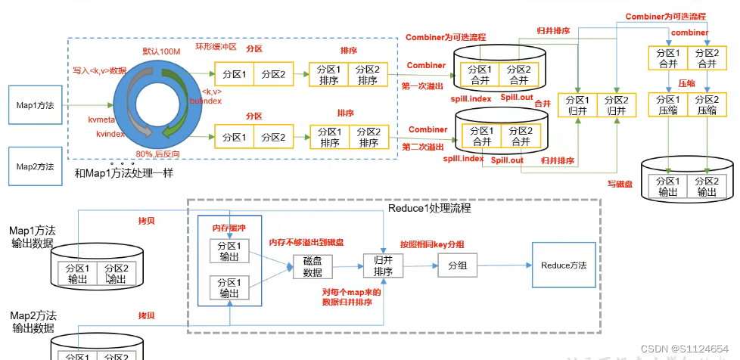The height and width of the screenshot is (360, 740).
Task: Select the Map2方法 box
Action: [x=33, y=167]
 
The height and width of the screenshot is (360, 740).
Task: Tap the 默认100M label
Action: [x=162, y=51]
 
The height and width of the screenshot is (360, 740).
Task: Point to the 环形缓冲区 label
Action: [x=216, y=46]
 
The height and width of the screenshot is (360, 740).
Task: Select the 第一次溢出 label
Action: [x=422, y=85]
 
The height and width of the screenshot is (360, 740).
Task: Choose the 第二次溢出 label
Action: [x=422, y=147]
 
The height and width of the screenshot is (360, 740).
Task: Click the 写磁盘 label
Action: [x=619, y=182]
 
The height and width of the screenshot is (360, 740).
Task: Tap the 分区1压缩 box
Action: [x=667, y=105]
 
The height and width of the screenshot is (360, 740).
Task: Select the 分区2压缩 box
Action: [x=707, y=105]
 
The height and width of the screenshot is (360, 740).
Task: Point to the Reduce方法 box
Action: [x=564, y=265]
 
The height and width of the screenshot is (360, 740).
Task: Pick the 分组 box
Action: [x=458, y=266]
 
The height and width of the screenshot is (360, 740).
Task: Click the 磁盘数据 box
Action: [x=312, y=267]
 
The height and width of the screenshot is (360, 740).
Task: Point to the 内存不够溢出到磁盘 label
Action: [x=308, y=242]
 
